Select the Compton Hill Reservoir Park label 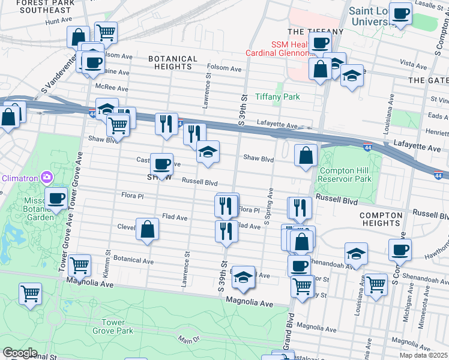click(346, 174)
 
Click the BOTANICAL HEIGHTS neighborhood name click(173, 63)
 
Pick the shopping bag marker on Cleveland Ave click(147, 229)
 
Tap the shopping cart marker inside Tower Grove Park click(30, 293)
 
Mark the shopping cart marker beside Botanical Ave click(79, 265)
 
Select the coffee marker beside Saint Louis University click(400, 13)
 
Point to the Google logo click(20, 353)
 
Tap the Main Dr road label click(188, 341)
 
